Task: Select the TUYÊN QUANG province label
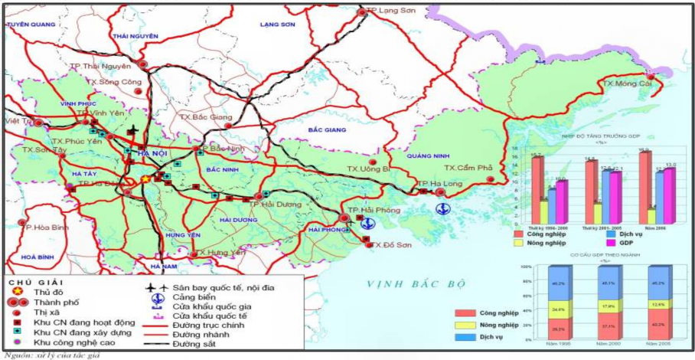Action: [x=32, y=25]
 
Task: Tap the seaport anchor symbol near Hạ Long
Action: [x=442, y=208]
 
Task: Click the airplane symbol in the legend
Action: [x=157, y=287]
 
